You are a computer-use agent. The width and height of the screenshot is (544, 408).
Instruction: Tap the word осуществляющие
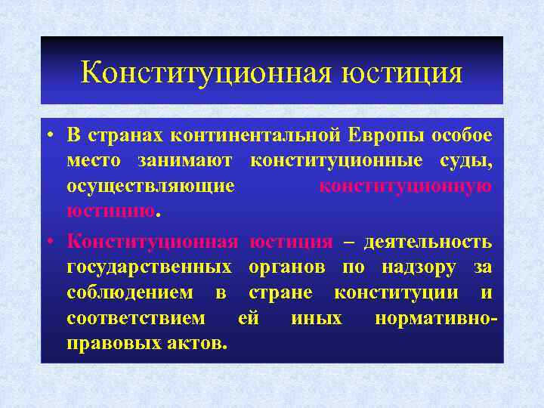(150, 186)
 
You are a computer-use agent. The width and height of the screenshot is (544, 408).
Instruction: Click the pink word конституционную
(406, 186)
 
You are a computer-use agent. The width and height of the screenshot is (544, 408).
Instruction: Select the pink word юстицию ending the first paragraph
(110, 211)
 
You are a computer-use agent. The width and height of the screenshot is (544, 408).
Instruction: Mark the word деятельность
(428, 242)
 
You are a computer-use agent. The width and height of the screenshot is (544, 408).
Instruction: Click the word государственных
(149, 267)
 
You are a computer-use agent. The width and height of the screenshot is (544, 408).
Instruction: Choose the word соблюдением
(129, 292)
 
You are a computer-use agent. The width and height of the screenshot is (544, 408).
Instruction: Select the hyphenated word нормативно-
(436, 318)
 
